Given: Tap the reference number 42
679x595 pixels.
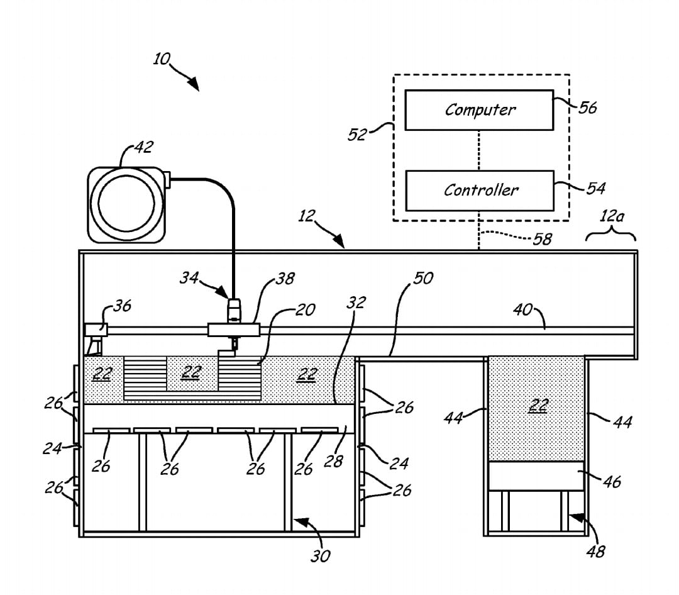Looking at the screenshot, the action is click(143, 147).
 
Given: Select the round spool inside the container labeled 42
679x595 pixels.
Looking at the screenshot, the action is click(126, 204).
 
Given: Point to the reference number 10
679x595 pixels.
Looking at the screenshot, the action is click(162, 59).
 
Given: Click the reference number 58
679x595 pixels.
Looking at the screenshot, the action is click(542, 239).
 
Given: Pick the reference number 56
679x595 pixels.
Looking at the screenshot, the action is click(588, 108).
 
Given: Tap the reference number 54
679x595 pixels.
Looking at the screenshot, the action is click(596, 188).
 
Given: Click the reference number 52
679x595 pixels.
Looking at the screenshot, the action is click(357, 135).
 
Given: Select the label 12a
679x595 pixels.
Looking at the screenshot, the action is click(612, 215).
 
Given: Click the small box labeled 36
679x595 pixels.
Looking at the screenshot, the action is click(96, 330).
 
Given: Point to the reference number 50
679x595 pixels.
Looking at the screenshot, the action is click(423, 278).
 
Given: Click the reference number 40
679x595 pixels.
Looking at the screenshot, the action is click(522, 309).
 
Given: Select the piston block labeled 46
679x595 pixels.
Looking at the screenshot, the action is click(536, 476).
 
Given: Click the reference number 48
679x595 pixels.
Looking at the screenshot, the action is click(595, 552).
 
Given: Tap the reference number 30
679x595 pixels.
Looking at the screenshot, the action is click(321, 556).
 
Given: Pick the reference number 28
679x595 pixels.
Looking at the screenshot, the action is click(333, 462).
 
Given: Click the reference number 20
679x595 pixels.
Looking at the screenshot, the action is click(306, 310).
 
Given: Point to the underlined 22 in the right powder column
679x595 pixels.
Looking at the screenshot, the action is click(539, 406).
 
